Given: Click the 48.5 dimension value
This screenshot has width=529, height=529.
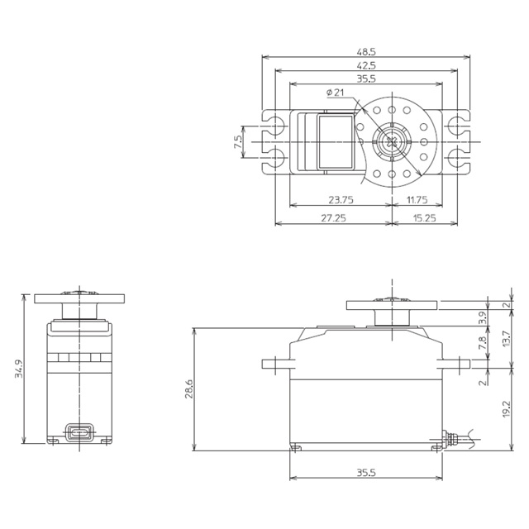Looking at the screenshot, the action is tap(366, 52).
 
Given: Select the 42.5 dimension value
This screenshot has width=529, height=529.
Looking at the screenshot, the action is tap(366, 65).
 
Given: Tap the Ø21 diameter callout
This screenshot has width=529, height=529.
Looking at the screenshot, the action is tap(336, 92).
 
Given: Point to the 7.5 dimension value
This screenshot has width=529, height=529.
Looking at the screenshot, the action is tap(238, 141).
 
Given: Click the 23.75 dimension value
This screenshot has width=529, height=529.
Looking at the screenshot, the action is tap(341, 200).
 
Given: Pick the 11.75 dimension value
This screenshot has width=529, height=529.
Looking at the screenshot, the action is tap(417, 200).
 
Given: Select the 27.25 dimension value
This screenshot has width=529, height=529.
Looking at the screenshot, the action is tap(333, 218).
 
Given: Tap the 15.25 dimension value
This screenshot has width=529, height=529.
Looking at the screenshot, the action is tap(424, 218).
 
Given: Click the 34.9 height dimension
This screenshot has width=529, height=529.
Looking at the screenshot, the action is tap(19, 369).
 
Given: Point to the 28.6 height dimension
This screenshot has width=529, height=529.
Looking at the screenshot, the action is tap(189, 388).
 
